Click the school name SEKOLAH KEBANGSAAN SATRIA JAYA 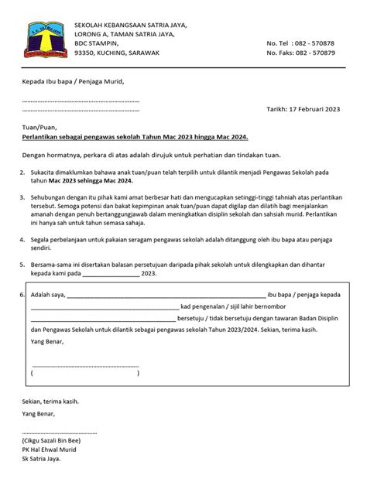130,26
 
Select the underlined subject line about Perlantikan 135,136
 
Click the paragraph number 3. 22,198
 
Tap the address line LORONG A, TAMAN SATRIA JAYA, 125,35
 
